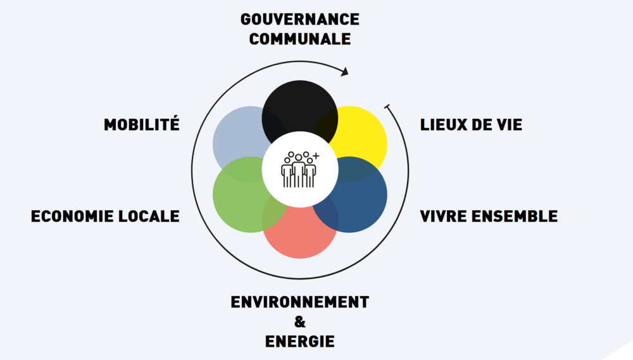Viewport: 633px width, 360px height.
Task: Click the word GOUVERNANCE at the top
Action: coord(300,20)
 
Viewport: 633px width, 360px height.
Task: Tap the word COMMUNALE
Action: coord(300,39)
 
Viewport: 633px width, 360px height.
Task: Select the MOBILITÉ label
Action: coord(142,124)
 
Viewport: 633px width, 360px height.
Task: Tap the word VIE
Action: coord(509,125)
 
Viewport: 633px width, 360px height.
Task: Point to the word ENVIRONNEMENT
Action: coord(300,302)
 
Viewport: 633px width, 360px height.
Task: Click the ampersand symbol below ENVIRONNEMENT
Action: coord(300,321)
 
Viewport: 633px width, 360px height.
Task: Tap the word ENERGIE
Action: coord(300,342)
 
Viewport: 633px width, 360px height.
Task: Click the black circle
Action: coord(300,106)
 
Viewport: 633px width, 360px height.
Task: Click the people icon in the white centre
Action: coord(300,170)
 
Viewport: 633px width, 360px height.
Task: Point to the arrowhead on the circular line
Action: coord(344,72)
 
